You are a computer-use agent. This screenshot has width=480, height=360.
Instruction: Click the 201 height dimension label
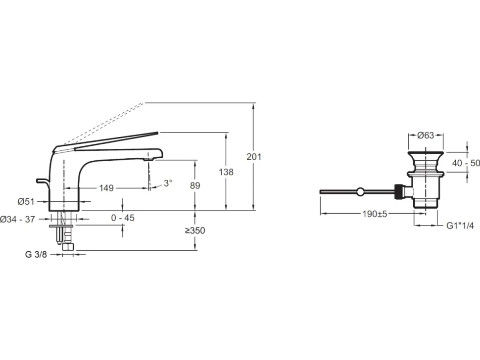point(254,157)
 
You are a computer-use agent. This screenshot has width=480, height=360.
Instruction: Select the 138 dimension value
point(226,172)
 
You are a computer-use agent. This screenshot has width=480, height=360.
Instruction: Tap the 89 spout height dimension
point(195,185)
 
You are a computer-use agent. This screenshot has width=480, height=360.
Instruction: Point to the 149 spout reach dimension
point(106,188)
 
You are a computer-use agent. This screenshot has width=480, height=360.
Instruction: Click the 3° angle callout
point(168,183)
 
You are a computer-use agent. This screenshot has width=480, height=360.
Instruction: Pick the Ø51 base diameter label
point(26,202)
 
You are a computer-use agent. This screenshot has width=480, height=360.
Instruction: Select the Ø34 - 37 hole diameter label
point(17,219)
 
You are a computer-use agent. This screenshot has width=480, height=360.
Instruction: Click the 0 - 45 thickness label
point(123,218)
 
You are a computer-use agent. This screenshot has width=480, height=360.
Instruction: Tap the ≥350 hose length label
point(195,230)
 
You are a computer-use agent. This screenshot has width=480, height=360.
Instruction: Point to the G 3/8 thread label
point(36,254)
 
